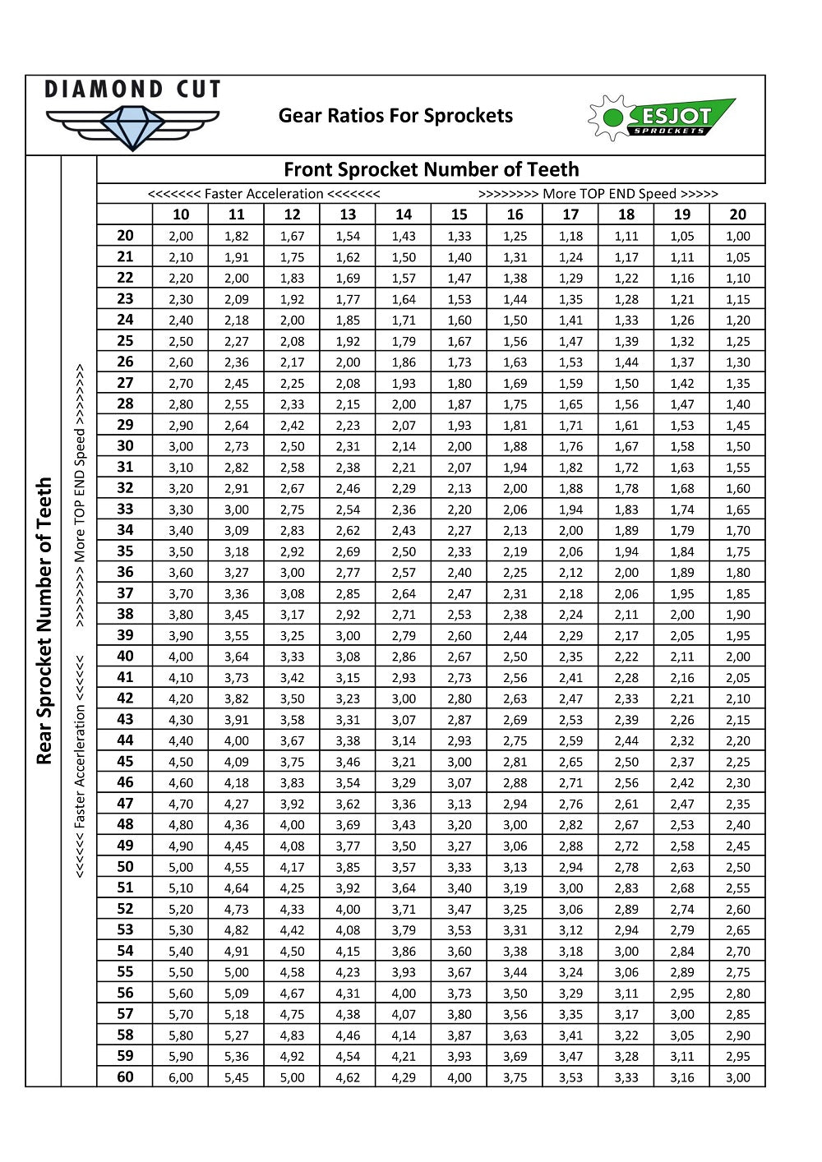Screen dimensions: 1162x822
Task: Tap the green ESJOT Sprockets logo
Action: pyautogui.click(x=662, y=118)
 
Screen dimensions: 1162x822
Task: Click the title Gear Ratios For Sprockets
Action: pyautogui.click(x=395, y=116)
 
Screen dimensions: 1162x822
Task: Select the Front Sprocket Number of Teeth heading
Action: pyautogui.click(x=432, y=170)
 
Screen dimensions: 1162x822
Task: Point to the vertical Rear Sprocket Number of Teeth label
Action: pyautogui.click(x=44, y=620)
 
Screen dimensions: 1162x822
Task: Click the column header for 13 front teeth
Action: pyautogui.click(x=348, y=214)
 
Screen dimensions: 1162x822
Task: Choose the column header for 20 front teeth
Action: pyautogui.click(x=737, y=214)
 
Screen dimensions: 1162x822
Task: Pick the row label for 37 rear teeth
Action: pyautogui.click(x=125, y=593)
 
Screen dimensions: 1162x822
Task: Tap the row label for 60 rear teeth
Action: pyautogui.click(x=125, y=1077)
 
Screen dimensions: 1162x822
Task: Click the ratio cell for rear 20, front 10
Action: pyautogui.click(x=181, y=236)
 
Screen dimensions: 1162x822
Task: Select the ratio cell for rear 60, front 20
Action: pyautogui.click(x=737, y=1077)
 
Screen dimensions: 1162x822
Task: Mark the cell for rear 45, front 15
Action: pyautogui.click(x=459, y=762)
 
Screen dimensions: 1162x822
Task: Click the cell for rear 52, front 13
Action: pyautogui.click(x=348, y=909)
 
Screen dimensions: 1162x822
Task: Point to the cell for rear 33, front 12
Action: pyautogui.click(x=292, y=510)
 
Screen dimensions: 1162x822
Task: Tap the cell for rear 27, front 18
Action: pyautogui.click(x=626, y=383)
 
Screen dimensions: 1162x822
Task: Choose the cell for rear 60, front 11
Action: pyautogui.click(x=236, y=1077)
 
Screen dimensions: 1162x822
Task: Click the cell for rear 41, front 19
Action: pyautogui.click(x=681, y=678)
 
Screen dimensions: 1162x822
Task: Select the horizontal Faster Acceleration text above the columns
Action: pyautogui.click(x=264, y=194)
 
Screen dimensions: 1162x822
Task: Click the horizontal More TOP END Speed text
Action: pyautogui.click(x=598, y=194)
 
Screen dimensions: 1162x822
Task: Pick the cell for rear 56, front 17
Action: pyautogui.click(x=570, y=994)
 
